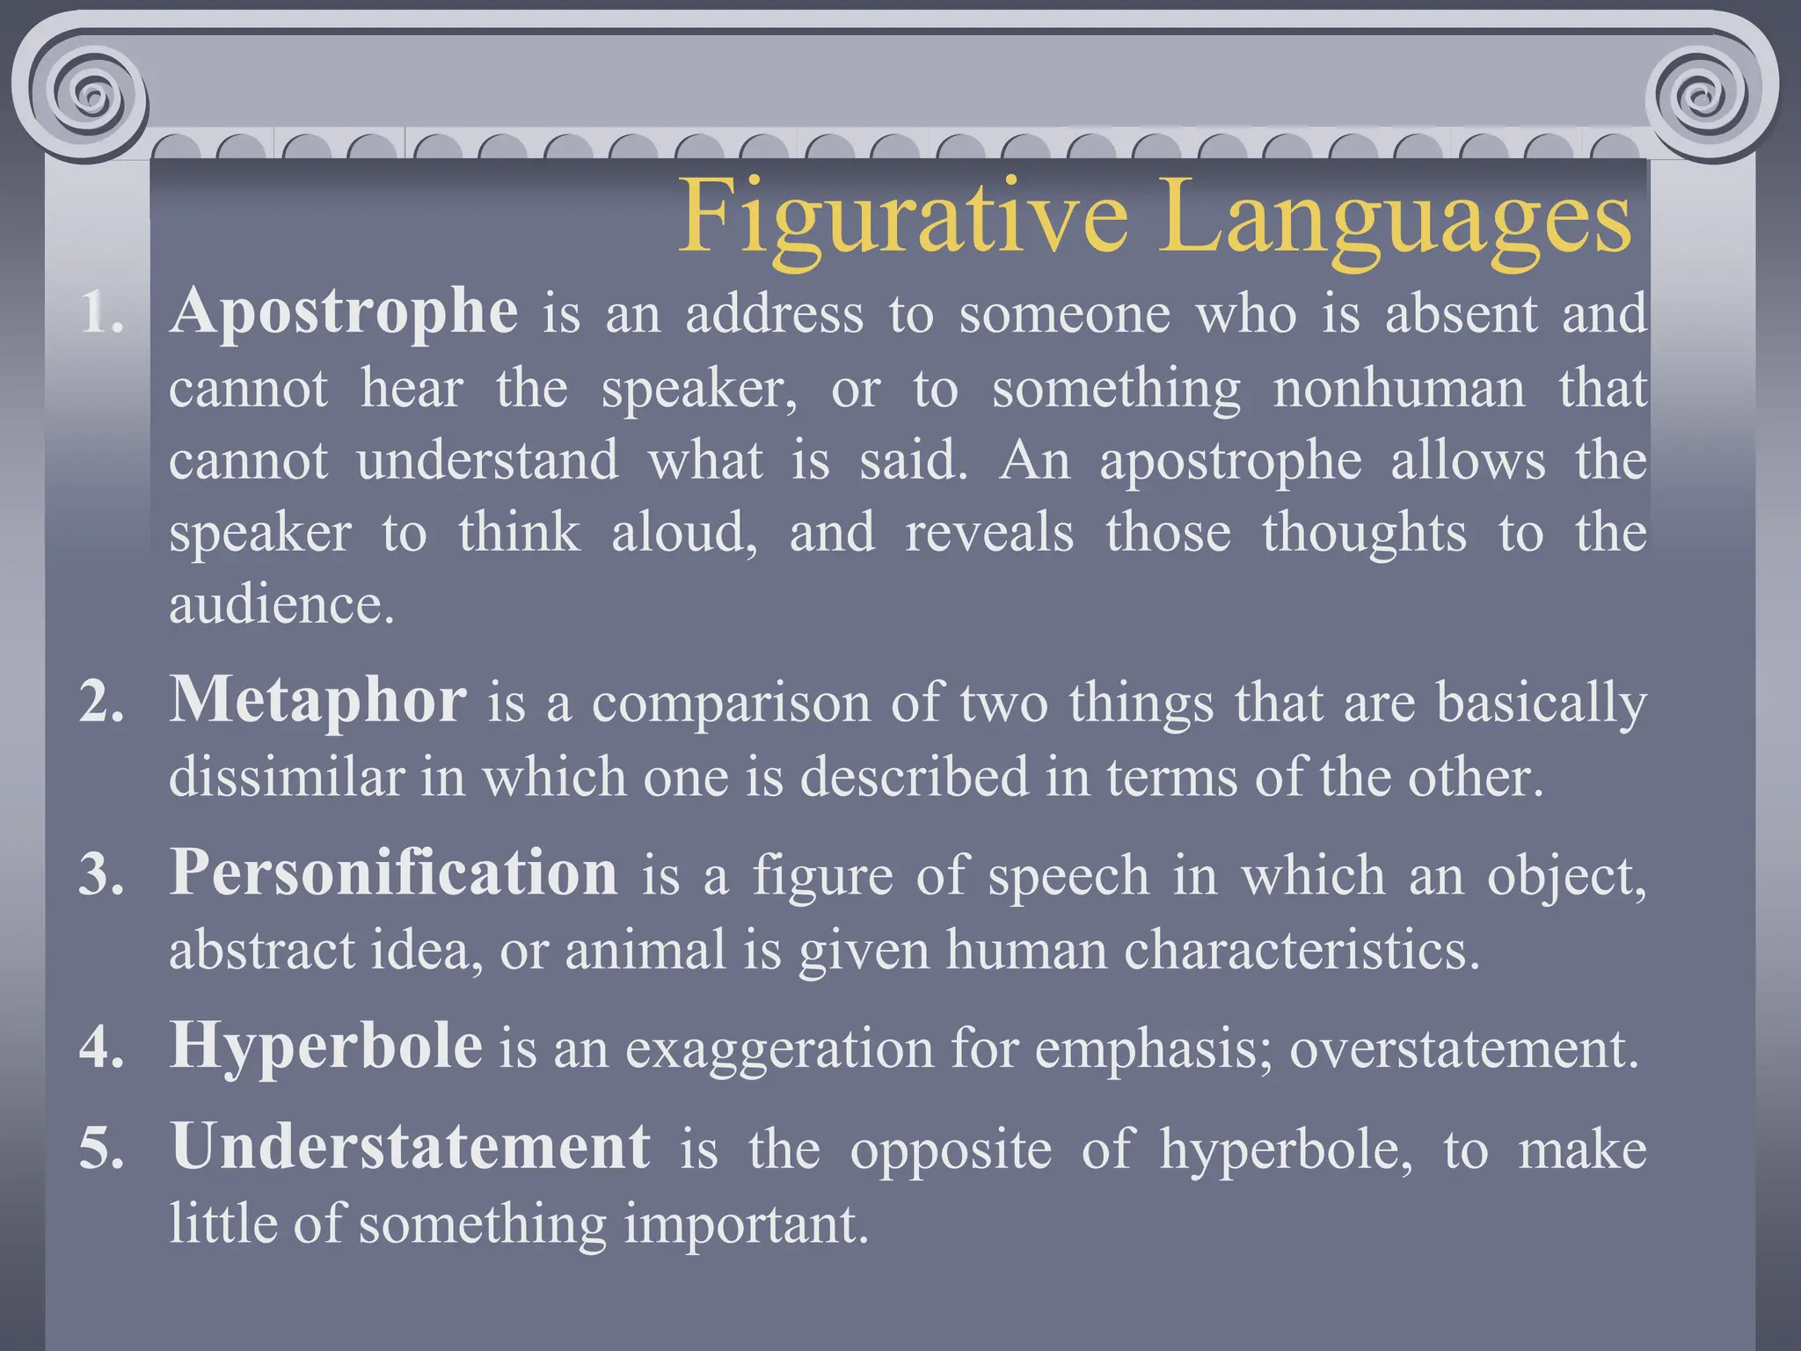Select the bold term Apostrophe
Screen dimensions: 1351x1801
coord(344,312)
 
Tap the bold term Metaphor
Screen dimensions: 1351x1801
coord(317,701)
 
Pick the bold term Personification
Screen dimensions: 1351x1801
coord(393,873)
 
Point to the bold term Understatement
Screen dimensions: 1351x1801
coord(411,1147)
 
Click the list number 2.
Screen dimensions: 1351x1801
coord(101,704)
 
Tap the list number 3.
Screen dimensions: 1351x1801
coord(101,876)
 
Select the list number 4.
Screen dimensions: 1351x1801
coord(101,1048)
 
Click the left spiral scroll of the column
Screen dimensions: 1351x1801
coord(87,91)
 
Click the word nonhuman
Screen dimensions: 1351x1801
coord(1399,388)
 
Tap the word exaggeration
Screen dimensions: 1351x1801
coord(779,1048)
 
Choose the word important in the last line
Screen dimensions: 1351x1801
coord(746,1223)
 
